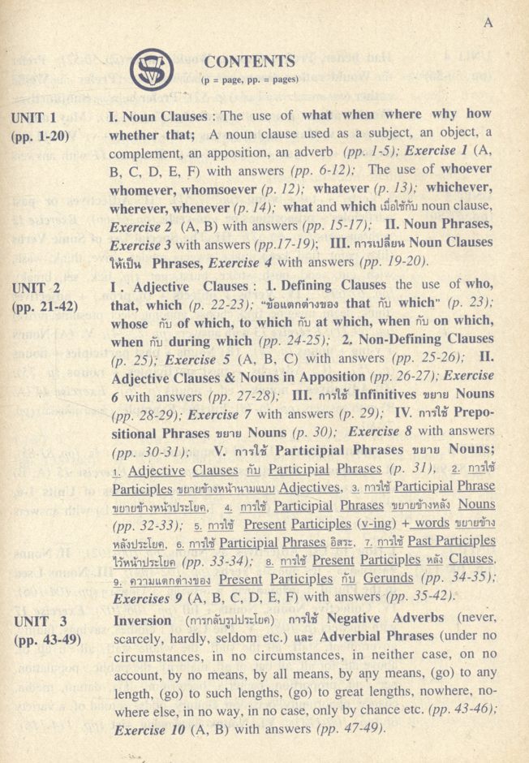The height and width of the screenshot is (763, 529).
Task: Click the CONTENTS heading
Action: point(250,62)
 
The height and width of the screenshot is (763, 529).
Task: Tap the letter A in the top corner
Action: point(488,23)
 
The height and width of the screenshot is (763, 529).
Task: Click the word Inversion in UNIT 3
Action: point(141,619)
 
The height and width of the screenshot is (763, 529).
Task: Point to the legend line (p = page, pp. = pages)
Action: point(250,80)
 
